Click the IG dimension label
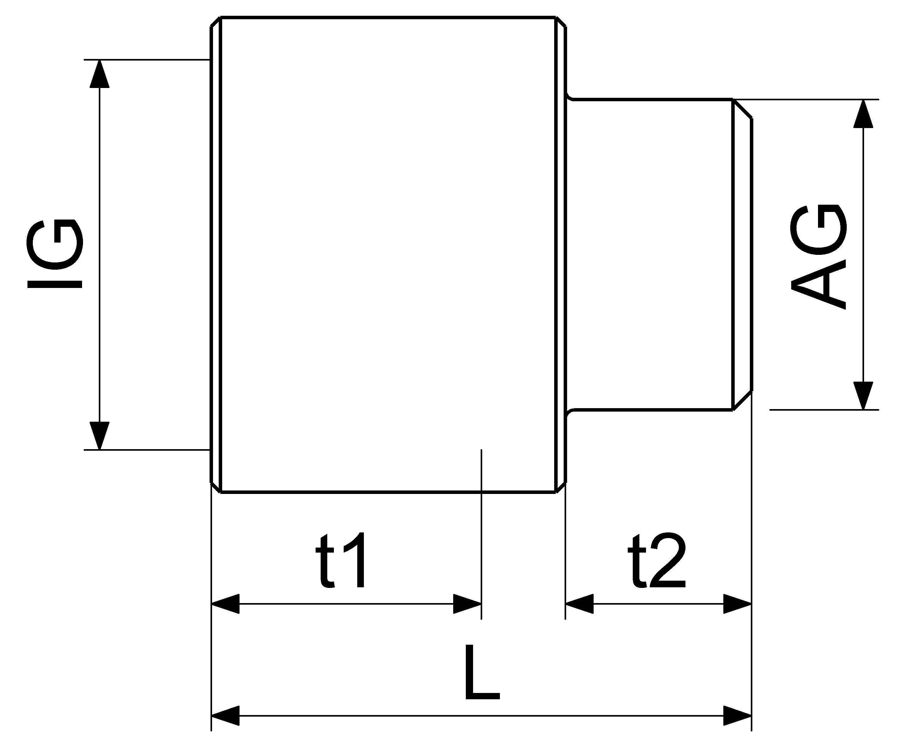click(x=55, y=254)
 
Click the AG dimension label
click(x=819, y=256)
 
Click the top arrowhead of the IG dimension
click(x=100, y=73)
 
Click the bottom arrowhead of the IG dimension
click(x=100, y=436)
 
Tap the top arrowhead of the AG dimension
click(x=864, y=113)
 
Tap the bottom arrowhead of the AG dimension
click(x=864, y=396)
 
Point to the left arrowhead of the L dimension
click(x=225, y=716)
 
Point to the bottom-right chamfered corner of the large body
click(x=561, y=488)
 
